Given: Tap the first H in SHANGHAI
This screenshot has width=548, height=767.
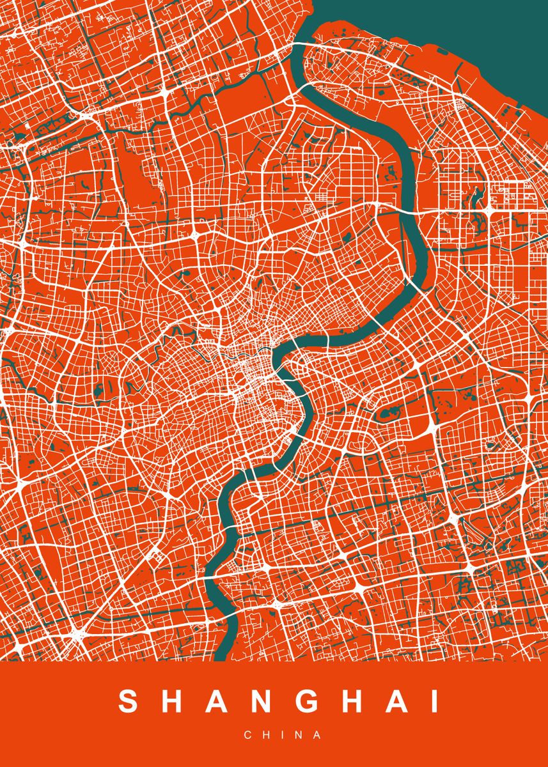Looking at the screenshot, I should pos(173,702).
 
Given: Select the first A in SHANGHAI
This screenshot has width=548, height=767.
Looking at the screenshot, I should pos(219,702).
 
